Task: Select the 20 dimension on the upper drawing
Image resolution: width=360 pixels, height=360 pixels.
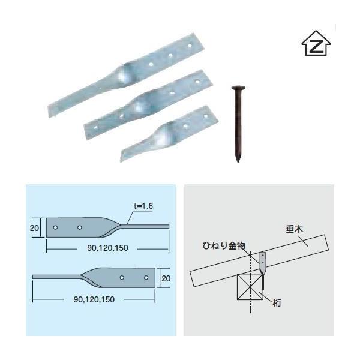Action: (x=34, y=228)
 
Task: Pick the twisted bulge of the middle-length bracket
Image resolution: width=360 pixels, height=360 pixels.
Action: (x=143, y=105)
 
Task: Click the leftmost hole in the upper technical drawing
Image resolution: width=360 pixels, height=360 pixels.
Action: (x=55, y=228)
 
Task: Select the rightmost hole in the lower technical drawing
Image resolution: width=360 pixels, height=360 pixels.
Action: (x=146, y=278)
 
